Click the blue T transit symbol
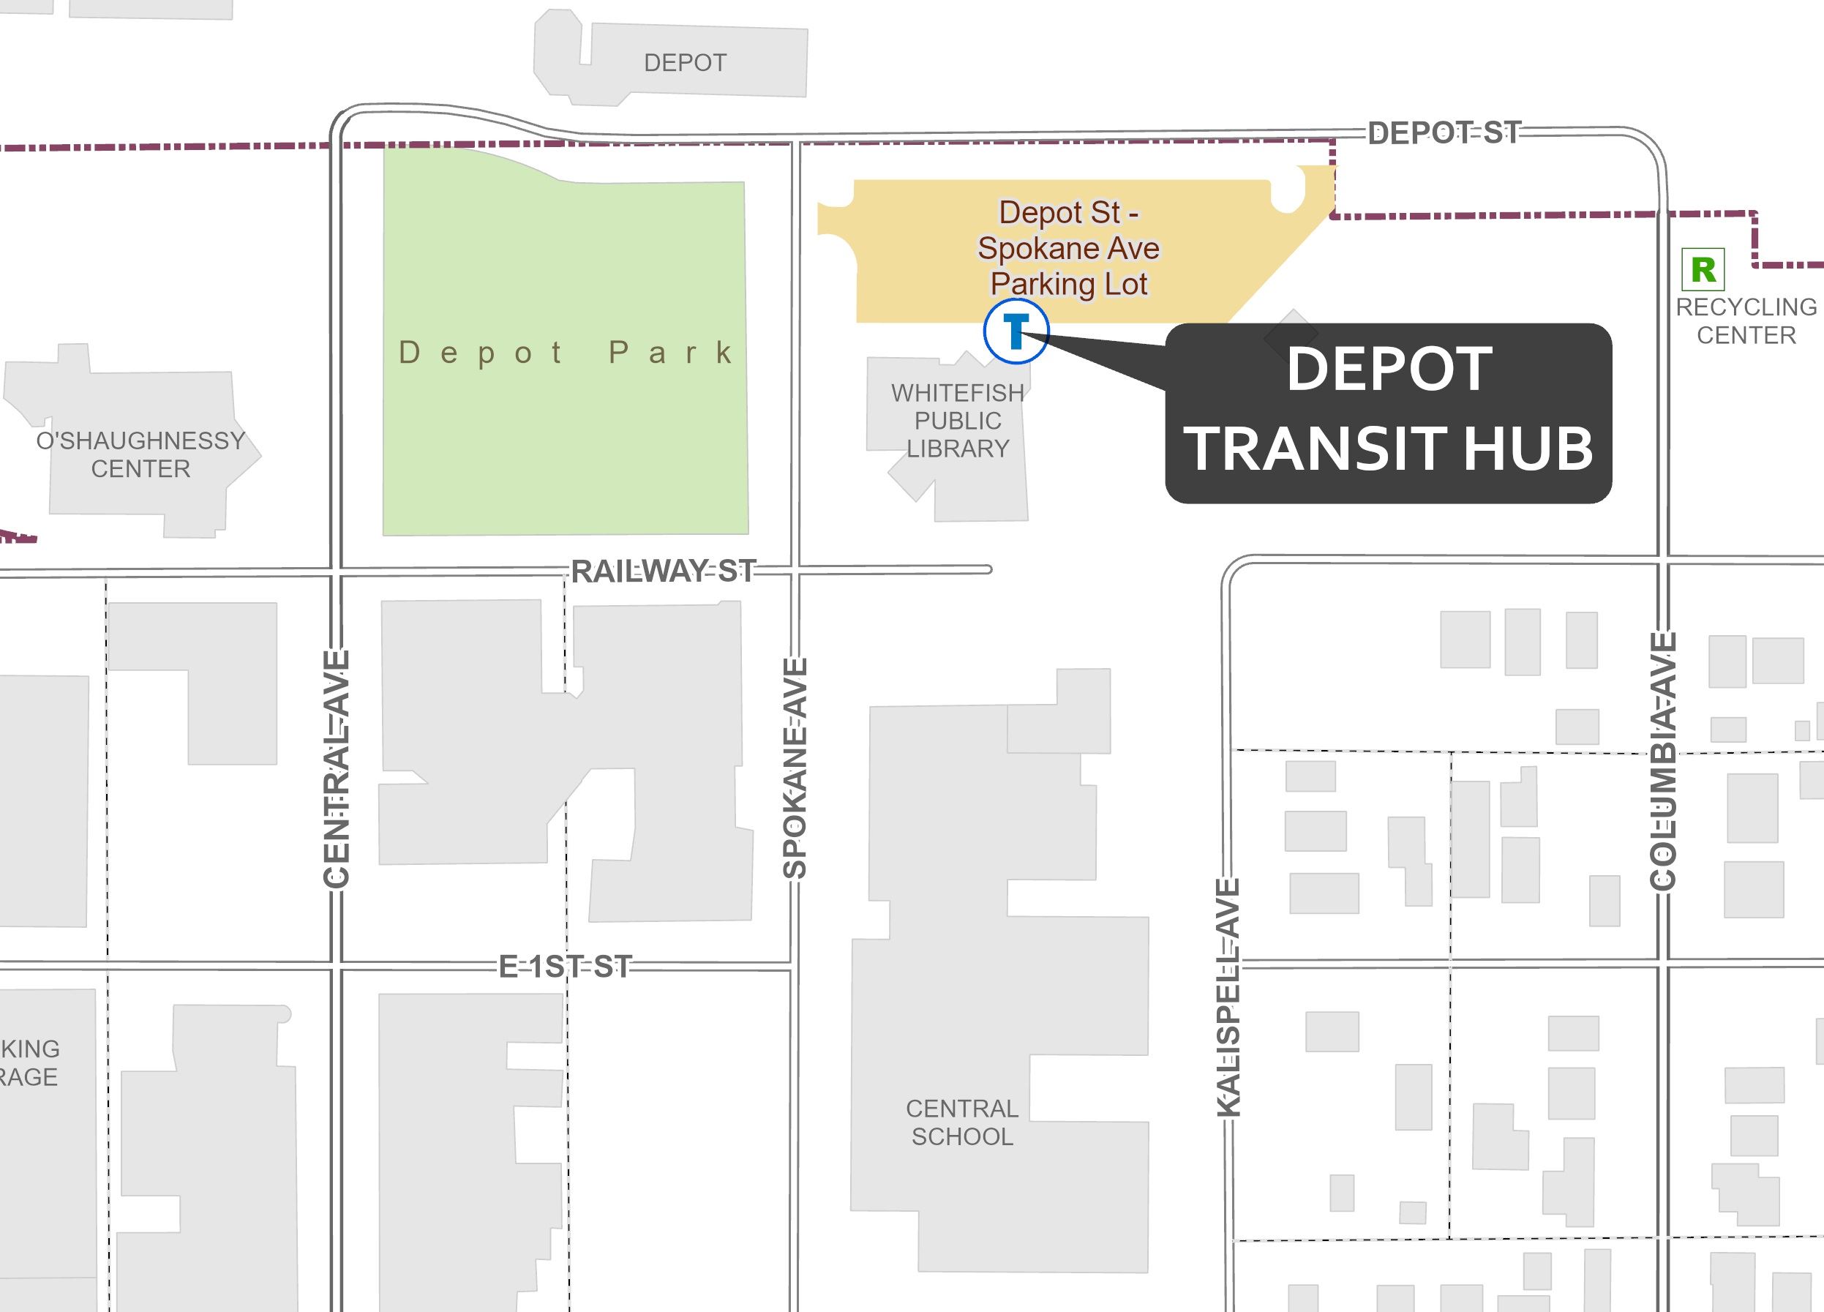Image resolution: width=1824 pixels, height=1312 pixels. click(x=1016, y=331)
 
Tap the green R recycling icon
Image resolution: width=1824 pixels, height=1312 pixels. click(x=1703, y=269)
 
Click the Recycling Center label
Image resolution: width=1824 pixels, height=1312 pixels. click(x=1745, y=321)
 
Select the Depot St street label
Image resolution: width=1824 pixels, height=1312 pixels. click(x=1444, y=132)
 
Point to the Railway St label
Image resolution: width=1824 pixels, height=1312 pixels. click(x=663, y=571)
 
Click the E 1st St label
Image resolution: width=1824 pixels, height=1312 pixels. click(x=566, y=966)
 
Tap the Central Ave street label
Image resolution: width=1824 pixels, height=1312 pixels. click(x=336, y=769)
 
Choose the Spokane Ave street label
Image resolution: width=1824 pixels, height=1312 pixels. click(x=795, y=768)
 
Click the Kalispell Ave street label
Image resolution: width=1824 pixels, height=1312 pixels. click(x=1228, y=997)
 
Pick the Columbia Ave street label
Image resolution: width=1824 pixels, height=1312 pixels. click(x=1662, y=761)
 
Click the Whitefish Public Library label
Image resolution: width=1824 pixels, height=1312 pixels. click(x=957, y=421)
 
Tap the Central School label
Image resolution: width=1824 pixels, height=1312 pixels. click(x=962, y=1122)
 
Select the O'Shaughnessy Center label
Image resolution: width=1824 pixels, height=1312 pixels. click(x=140, y=454)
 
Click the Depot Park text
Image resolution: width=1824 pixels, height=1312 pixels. click(x=566, y=353)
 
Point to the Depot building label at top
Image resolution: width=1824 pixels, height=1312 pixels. click(x=686, y=63)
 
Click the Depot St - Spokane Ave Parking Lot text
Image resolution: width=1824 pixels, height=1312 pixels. click(x=1069, y=248)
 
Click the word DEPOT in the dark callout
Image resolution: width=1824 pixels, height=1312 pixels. click(x=1389, y=370)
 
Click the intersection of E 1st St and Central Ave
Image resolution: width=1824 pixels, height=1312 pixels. click(x=336, y=965)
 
